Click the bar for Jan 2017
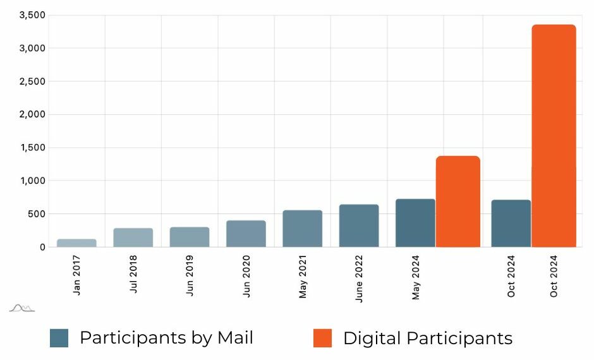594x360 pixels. tap(76, 243)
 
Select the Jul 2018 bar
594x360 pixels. tap(133, 237)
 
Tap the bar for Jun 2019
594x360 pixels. tap(190, 237)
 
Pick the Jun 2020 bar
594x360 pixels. tap(246, 234)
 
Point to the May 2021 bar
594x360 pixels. tap(302, 229)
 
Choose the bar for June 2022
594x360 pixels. tap(359, 225)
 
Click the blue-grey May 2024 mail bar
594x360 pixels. tap(415, 223)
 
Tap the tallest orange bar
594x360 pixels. tap(554, 136)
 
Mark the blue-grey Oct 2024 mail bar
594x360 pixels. tap(511, 224)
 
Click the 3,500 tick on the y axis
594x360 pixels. tap(33, 15)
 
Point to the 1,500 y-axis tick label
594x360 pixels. tap(33, 148)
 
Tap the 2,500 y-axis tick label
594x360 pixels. tap(33, 81)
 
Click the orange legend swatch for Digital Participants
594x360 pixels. tap(322, 338)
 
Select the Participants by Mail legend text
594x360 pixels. tap(166, 338)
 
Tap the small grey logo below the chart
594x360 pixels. tap(22, 308)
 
